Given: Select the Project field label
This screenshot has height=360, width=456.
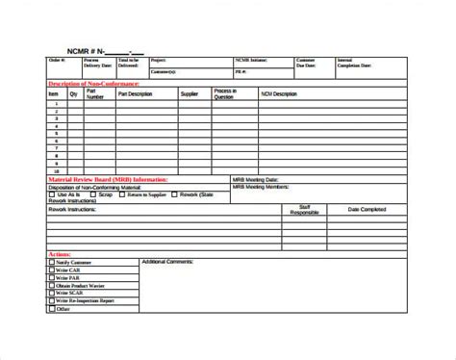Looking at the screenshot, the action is click(x=157, y=59).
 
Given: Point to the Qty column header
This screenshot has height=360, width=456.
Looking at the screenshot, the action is click(x=72, y=94).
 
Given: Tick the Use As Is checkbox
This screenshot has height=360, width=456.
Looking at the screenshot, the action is click(x=52, y=193).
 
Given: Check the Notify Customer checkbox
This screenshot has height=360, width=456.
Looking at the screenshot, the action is click(x=51, y=262).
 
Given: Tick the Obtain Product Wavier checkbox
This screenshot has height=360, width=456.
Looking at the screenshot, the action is click(x=51, y=285).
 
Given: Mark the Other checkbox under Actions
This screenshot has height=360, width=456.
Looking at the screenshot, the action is click(x=51, y=308).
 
